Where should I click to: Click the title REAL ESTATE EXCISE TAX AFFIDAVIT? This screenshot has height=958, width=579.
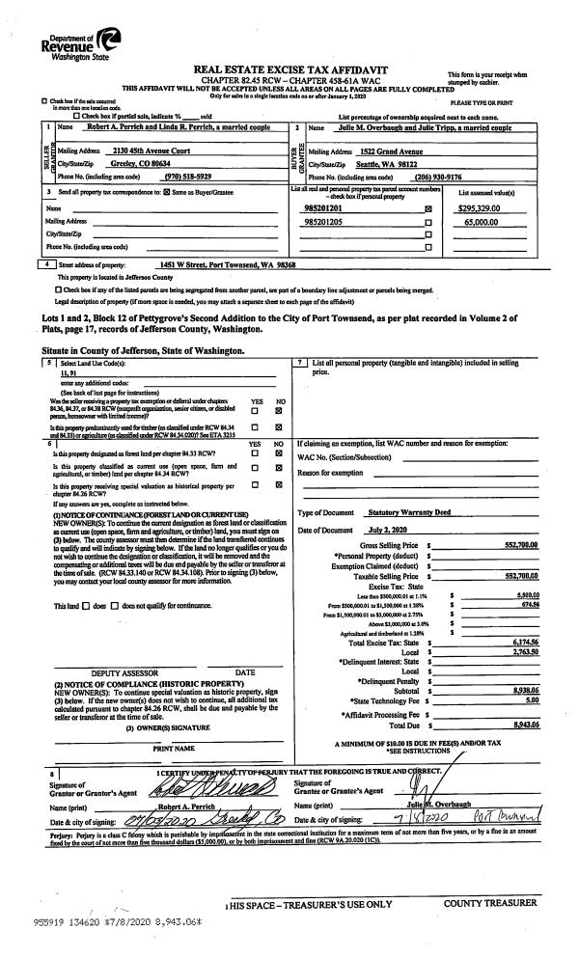pyautogui.click(x=289, y=69)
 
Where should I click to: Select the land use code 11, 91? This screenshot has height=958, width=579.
pyautogui.click(x=69, y=371)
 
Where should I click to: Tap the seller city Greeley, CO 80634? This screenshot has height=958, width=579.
pyautogui.click(x=133, y=164)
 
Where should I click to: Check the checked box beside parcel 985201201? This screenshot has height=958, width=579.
pyautogui.click(x=427, y=208)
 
